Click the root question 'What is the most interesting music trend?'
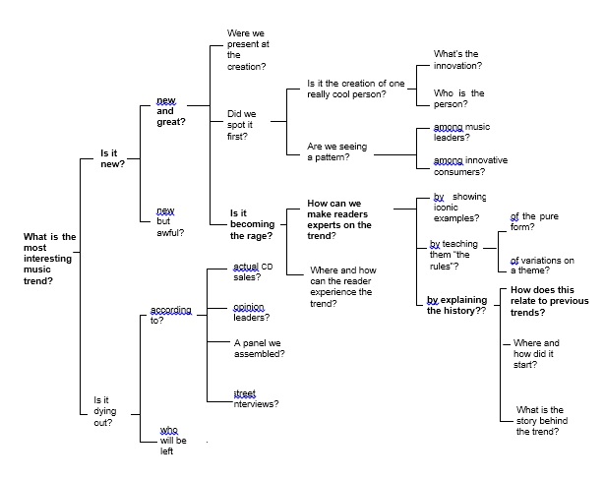click(49, 259)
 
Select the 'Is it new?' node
click(113, 158)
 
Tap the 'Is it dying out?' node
click(105, 411)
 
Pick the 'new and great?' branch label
click(171, 111)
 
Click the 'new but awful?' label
click(170, 221)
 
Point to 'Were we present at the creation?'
click(248, 50)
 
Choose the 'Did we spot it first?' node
click(242, 125)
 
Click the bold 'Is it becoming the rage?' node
click(253, 224)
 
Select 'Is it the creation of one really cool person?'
click(356, 89)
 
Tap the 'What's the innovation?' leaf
click(457, 60)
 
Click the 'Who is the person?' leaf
click(458, 98)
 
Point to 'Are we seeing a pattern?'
click(336, 151)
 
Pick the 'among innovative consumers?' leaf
click(470, 166)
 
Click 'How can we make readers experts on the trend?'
click(339, 219)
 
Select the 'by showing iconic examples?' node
click(459, 208)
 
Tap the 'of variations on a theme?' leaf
click(542, 266)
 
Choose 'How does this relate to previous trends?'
click(550, 301)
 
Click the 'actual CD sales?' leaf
click(253, 271)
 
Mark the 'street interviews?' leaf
click(256, 398)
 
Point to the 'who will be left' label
click(173, 441)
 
